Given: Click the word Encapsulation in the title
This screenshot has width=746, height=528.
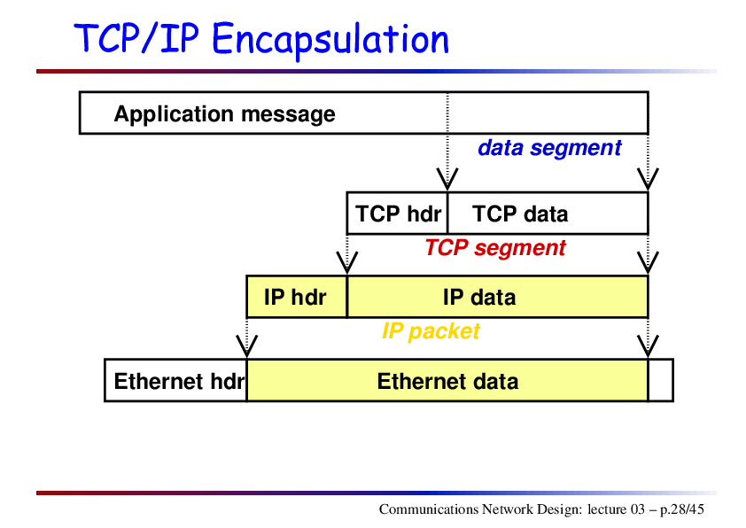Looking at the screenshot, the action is [330, 40].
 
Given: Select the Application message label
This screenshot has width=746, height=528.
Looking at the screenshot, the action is [224, 114].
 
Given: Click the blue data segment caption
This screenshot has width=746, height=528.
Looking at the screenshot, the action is [549, 148].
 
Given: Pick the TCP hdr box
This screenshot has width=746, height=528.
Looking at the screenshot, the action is [397, 214].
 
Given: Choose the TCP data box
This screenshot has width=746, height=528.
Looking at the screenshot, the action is [548, 214].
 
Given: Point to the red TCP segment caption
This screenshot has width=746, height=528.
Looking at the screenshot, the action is [494, 248].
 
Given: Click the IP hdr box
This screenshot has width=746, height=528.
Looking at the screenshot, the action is [297, 297].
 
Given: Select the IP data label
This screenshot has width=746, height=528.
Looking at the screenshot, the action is [479, 298].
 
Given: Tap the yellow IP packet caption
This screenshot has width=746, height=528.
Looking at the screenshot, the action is [431, 331].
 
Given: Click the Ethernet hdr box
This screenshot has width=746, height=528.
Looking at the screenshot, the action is [175, 381].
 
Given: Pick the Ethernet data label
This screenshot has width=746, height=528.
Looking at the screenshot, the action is [447, 382].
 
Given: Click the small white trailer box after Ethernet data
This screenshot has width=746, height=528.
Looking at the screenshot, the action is [661, 381].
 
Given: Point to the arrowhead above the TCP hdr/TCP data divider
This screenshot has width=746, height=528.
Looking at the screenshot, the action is [447, 180].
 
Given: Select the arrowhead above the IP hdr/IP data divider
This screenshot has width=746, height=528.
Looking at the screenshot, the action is [346, 263].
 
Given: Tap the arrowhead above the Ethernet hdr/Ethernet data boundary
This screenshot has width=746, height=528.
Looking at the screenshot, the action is [247, 346].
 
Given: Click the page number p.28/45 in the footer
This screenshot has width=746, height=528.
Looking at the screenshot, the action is [682, 509].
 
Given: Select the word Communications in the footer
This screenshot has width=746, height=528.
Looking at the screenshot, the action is [429, 509].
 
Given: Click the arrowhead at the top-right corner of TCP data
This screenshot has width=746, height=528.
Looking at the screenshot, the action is [648, 180].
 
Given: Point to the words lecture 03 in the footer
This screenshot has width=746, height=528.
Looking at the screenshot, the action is [616, 509].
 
